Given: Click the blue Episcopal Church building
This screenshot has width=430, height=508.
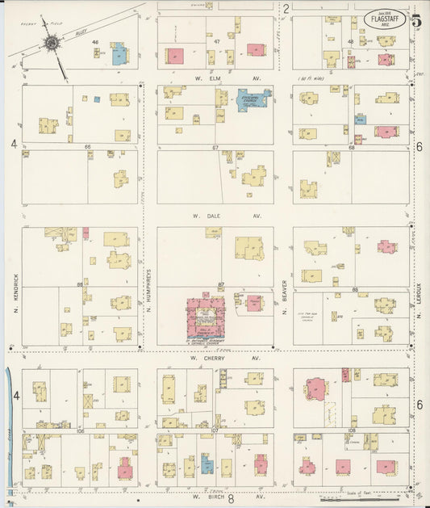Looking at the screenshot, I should (253, 100).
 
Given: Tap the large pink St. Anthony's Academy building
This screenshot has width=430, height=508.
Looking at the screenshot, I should (206, 317).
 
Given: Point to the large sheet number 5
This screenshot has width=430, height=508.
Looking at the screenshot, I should (415, 21).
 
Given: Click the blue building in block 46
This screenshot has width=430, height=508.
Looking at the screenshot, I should (119, 56).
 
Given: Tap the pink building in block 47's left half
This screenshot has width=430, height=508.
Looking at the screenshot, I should (174, 57).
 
